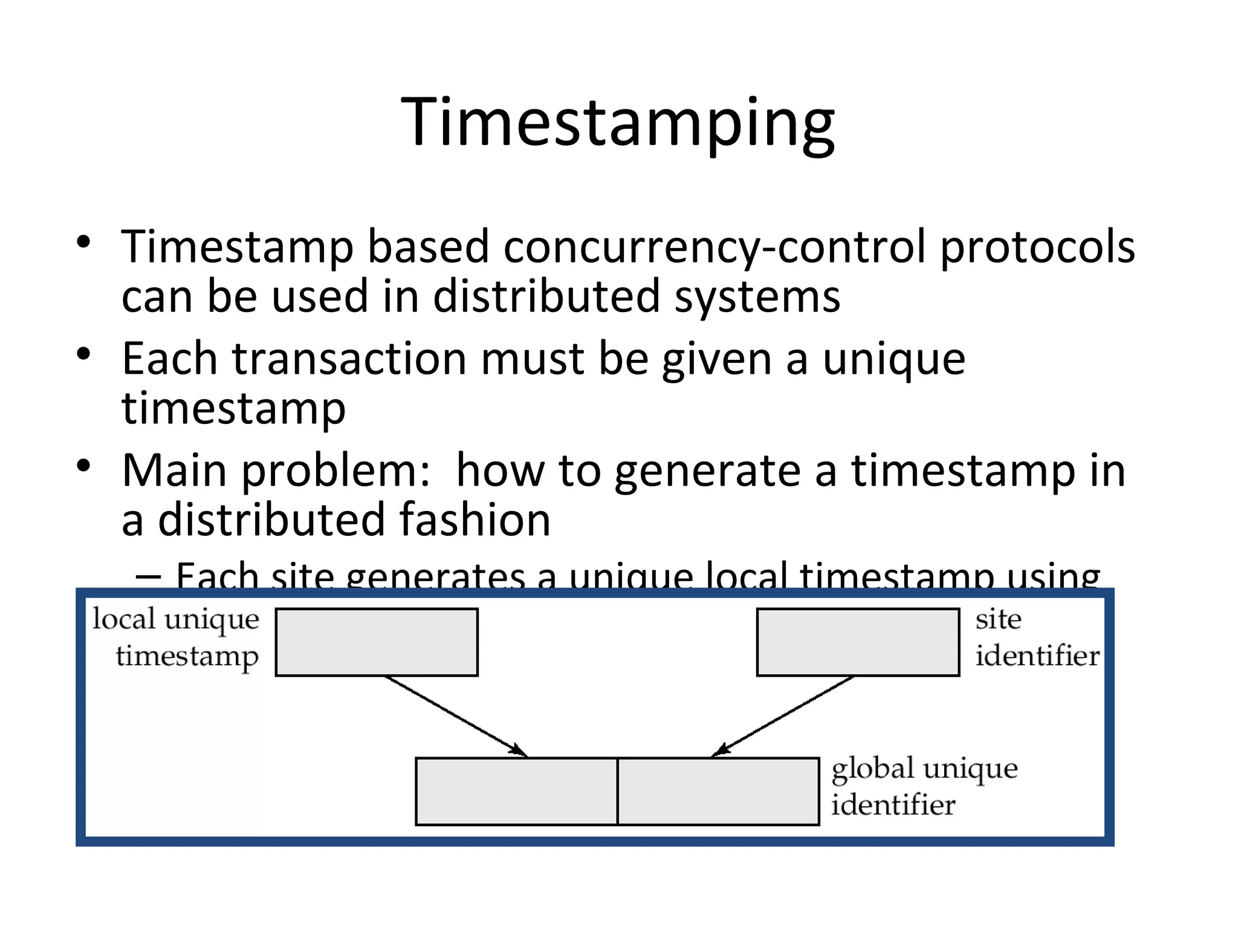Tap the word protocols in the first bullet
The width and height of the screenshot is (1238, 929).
1037,248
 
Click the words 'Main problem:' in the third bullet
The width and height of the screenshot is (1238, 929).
276,471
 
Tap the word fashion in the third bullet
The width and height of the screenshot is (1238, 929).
475,520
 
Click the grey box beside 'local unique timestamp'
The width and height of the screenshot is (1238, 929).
377,642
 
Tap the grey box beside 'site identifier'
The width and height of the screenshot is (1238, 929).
858,642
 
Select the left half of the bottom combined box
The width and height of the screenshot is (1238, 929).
516,791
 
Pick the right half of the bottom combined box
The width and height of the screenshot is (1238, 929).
718,791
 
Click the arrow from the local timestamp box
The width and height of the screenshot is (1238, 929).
456,717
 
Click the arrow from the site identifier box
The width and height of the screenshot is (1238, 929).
782,717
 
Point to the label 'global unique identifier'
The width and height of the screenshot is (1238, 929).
924,786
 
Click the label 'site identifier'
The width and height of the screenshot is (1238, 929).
1036,637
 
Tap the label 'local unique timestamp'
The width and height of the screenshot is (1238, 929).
176,637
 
